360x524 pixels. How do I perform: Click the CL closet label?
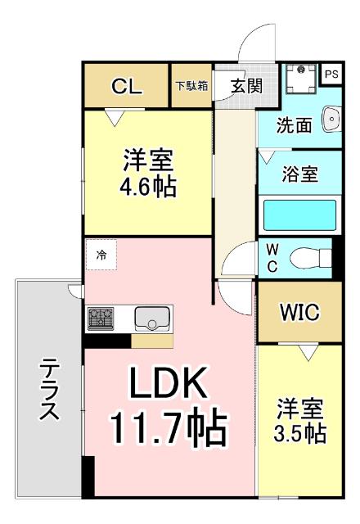(x=127, y=84)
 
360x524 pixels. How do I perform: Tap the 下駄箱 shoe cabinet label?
(x=191, y=84)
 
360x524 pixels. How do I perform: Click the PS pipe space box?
(x=331, y=74)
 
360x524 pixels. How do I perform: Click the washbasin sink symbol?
(x=331, y=120)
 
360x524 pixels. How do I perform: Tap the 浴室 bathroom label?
(x=299, y=174)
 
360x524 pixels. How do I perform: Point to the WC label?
(x=273, y=256)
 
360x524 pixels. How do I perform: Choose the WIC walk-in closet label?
(x=299, y=312)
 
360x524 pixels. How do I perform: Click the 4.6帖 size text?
(x=149, y=187)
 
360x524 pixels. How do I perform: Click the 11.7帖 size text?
(x=169, y=427)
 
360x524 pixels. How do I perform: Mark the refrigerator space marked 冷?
(x=101, y=255)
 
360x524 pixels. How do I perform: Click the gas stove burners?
(x=104, y=318)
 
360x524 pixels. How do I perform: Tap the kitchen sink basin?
(x=151, y=317)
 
